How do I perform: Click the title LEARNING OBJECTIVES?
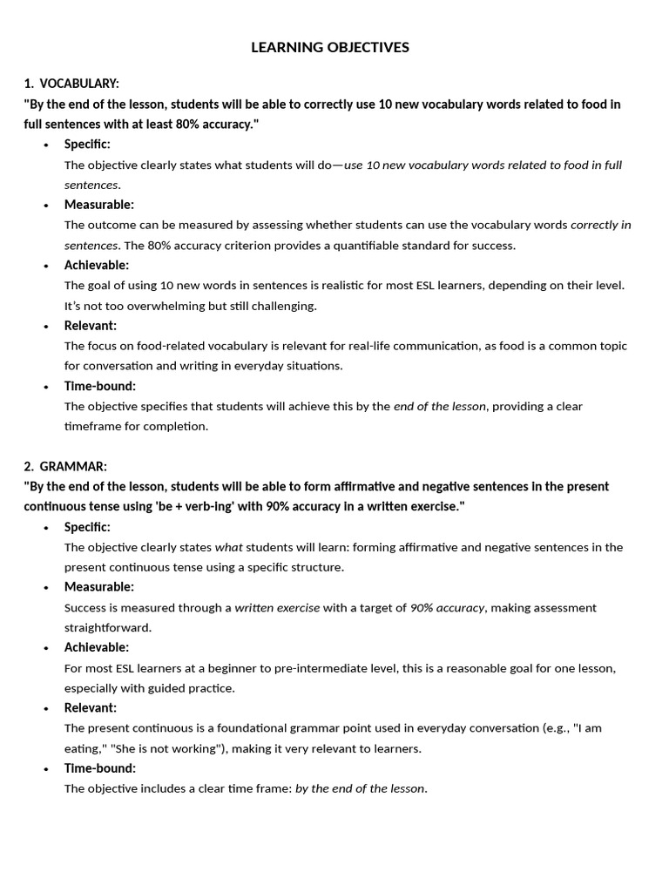click(329, 47)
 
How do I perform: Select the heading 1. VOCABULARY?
click(71, 84)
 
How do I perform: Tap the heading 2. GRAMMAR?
click(66, 466)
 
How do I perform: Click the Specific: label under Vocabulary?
click(87, 144)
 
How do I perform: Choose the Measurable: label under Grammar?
click(98, 587)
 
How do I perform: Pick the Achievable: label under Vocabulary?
click(96, 265)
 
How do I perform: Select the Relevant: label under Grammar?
click(90, 707)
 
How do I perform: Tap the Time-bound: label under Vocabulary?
click(100, 386)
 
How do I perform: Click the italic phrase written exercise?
click(277, 608)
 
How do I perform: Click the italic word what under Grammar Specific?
click(229, 547)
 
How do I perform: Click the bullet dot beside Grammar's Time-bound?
click(45, 769)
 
